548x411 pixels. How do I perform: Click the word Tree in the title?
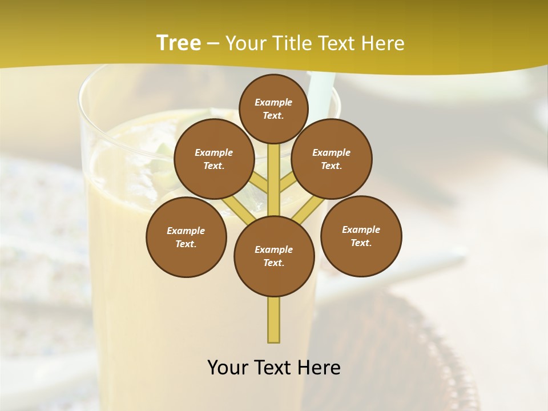coord(178,43)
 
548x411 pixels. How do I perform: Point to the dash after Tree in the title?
coord(213,44)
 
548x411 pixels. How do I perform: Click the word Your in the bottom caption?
coord(228,368)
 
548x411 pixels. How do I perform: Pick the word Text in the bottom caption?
coord(273,368)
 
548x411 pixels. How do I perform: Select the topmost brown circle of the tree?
coord(273,108)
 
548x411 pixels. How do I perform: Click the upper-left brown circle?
coord(213,159)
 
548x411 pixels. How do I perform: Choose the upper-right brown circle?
coord(332,159)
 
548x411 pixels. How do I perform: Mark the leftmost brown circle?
coord(186,237)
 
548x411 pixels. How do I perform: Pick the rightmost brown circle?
coord(361,236)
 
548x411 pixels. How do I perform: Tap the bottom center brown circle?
coord(274,256)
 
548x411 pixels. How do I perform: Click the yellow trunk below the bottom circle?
coord(274,320)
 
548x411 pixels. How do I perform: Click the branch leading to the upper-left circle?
coord(259,183)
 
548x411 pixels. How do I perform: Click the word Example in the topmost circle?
coord(273,102)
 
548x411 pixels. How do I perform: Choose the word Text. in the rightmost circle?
coord(361,243)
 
